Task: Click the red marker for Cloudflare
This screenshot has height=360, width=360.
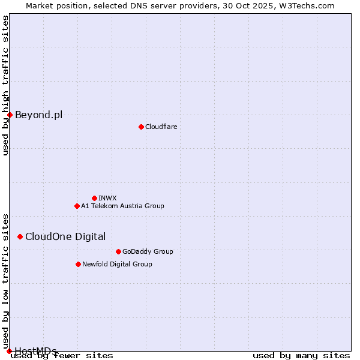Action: click(x=141, y=127)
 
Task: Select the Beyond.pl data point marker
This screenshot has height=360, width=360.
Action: click(x=10, y=115)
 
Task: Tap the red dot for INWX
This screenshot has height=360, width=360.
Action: click(x=94, y=198)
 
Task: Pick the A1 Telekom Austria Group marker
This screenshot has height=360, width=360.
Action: click(x=77, y=206)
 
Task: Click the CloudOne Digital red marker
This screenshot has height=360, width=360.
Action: click(x=20, y=236)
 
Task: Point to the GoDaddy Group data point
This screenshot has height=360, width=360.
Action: click(x=118, y=251)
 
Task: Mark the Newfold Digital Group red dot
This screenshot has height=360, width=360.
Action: click(x=78, y=264)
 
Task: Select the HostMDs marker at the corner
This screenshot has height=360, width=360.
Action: click(x=9, y=351)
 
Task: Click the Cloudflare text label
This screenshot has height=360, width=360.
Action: click(x=161, y=127)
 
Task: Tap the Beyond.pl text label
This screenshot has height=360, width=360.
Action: click(x=38, y=115)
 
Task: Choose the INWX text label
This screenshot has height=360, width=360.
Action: click(x=107, y=198)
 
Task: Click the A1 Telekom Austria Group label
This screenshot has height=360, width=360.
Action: click(x=122, y=206)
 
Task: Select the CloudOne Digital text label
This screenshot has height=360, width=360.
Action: click(x=65, y=236)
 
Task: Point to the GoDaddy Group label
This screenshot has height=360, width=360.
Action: click(x=148, y=251)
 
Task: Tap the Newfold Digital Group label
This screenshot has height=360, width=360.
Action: click(x=117, y=264)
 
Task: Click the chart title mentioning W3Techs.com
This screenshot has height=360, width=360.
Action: click(x=180, y=5)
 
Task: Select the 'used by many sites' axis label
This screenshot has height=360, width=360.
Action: click(x=301, y=355)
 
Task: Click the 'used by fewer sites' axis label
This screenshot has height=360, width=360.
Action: click(x=62, y=355)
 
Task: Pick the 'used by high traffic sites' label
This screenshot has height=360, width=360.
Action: click(x=5, y=85)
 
